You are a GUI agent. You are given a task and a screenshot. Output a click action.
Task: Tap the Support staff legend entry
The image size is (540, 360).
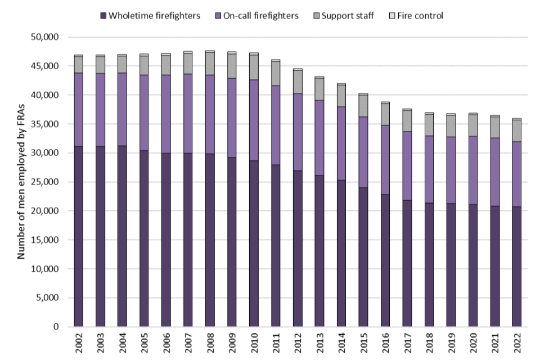tap(349, 16)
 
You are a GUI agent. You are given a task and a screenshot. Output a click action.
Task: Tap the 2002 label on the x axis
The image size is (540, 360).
tap(78, 342)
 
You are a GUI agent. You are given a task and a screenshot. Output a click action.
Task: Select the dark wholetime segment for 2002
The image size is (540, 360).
tap(78, 236)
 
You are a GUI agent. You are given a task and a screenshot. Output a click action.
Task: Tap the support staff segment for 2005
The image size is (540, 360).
tap(144, 65)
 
